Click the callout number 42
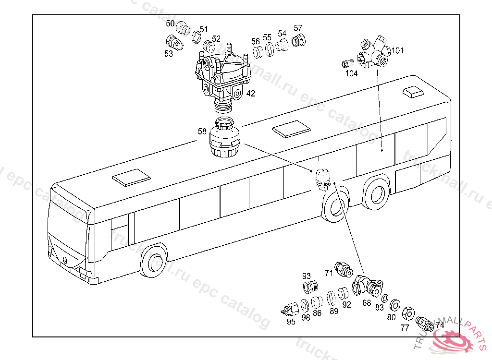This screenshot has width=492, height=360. pos(251,94)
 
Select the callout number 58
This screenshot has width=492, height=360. pos(202,131)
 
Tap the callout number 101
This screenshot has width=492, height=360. pos(398,50)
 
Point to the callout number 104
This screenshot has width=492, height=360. pos(351,73)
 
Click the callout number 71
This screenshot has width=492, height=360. pos(329,273)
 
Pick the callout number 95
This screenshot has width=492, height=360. pos(291,322)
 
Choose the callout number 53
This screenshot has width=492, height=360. pos(169,54)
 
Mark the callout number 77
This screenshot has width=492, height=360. pos(405,327)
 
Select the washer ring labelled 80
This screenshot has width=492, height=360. pos(395,305)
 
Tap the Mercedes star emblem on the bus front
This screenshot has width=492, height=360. pos(63,259)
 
